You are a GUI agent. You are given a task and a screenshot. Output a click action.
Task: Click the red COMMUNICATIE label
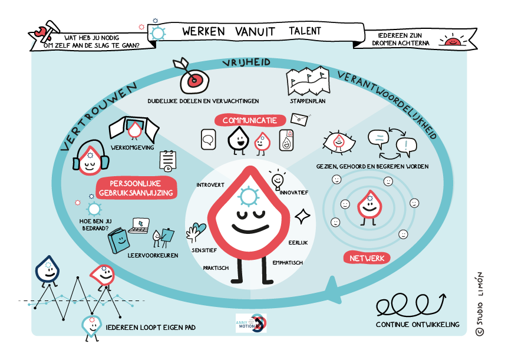(x=250, y=120)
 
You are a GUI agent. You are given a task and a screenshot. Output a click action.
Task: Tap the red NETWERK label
(x=367, y=258)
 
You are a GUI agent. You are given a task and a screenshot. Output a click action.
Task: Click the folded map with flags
(x=308, y=81)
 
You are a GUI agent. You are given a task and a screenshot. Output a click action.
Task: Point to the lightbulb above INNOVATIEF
(x=278, y=180)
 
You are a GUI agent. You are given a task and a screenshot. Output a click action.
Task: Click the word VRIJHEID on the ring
(x=246, y=62)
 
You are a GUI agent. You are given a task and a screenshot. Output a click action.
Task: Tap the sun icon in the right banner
(x=453, y=41)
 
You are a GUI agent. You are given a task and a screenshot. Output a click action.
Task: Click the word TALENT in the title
(x=305, y=31)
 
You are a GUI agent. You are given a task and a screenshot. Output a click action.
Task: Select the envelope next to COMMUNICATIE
(x=299, y=119)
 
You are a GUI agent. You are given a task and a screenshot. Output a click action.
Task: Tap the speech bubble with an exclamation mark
(x=407, y=147)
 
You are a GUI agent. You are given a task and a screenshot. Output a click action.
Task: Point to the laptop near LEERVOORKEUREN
(x=139, y=226)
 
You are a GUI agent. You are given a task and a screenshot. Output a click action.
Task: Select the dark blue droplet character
(x=47, y=271)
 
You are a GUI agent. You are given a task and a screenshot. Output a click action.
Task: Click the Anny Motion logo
(x=251, y=323)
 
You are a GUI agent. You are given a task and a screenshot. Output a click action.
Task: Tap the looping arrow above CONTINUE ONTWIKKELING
(x=411, y=304)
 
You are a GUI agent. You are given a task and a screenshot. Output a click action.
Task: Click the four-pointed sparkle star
(x=302, y=216)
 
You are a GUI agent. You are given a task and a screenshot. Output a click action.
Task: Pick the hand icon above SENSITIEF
(x=195, y=232)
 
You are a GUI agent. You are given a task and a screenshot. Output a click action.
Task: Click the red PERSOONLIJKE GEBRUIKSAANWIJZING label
(x=136, y=188)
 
